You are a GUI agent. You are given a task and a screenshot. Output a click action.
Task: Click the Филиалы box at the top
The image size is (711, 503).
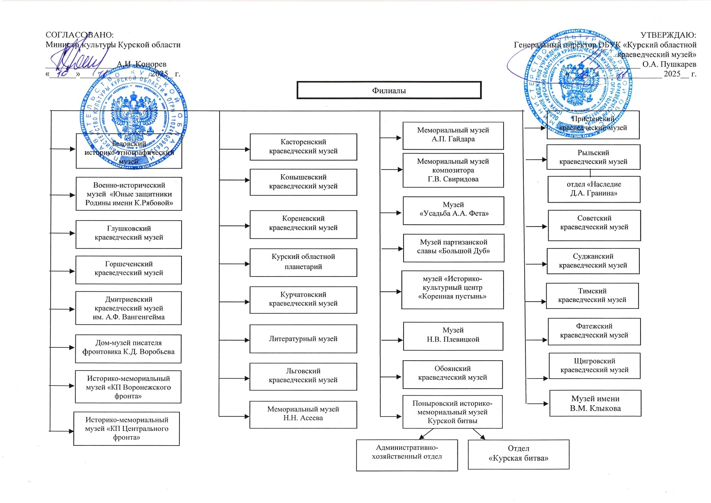(x=389, y=90)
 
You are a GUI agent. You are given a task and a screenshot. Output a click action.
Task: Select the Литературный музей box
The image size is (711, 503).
(x=303, y=339)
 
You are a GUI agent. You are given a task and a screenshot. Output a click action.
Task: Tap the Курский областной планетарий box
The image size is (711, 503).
(x=303, y=262)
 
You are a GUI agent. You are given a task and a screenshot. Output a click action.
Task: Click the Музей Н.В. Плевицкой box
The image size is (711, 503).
(x=453, y=335)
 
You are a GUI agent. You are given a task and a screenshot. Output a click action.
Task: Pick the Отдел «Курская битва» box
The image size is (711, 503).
(x=519, y=454)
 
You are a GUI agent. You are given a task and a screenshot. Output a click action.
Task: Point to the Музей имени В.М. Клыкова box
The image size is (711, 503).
(x=595, y=403)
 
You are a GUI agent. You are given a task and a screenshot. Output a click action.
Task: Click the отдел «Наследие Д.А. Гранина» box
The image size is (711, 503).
(x=594, y=189)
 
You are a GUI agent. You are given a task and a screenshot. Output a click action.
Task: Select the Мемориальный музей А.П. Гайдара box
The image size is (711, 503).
(x=453, y=135)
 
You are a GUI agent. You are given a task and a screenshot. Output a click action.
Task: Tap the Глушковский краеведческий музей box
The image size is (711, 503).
(x=129, y=233)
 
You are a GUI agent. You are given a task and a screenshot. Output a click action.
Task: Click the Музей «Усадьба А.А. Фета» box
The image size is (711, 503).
(x=453, y=210)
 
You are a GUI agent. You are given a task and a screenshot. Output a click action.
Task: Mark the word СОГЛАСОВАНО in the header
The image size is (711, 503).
(x=79, y=35)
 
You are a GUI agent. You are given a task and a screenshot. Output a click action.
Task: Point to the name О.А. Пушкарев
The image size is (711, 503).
(x=669, y=64)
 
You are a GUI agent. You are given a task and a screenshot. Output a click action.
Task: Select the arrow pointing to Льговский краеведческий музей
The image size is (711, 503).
(x=235, y=379)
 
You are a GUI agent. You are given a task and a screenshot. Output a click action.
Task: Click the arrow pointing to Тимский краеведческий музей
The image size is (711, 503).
(x=536, y=302)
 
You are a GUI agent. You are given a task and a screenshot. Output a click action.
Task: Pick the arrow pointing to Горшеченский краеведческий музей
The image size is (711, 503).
(x=63, y=271)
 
